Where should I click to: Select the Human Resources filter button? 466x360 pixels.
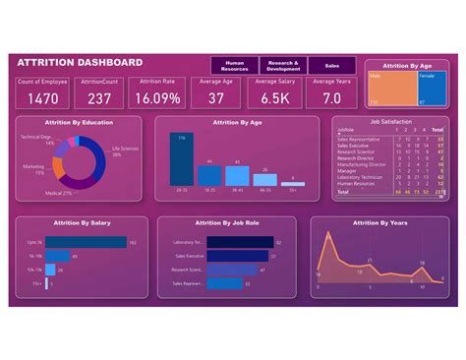[235, 65]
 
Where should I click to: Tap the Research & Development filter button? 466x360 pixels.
[283, 65]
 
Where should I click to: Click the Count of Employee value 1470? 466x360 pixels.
[41, 98]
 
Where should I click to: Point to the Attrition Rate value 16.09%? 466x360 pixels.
[157, 98]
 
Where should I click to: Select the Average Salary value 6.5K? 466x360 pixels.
[274, 98]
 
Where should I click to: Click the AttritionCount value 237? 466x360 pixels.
[99, 98]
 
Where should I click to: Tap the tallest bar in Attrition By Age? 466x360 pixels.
[182, 158]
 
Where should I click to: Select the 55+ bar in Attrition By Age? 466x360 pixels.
[292, 182]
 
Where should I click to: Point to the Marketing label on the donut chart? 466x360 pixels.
[33, 168]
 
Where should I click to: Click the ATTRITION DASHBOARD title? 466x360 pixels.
[80, 63]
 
